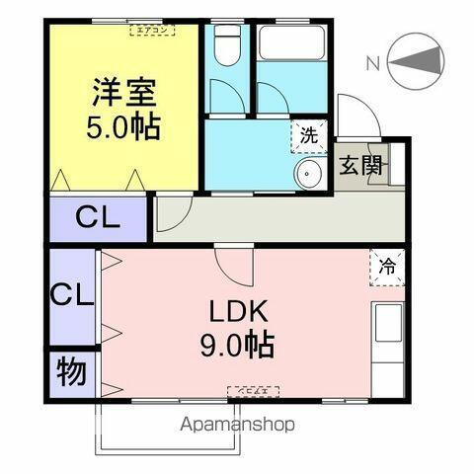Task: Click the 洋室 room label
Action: pyautogui.click(x=123, y=94)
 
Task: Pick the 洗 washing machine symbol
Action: pyautogui.click(x=309, y=137)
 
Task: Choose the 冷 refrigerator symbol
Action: pyautogui.click(x=388, y=267)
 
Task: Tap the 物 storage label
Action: pyautogui.click(x=70, y=372)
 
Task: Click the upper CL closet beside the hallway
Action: pyautogui.click(x=98, y=218)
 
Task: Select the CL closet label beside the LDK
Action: pyautogui.click(x=72, y=294)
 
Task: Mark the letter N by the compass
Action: pyautogui.click(x=373, y=63)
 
